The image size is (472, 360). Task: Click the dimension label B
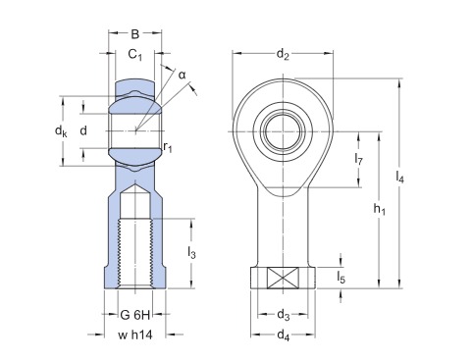click(134, 34)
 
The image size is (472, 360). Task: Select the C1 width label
click(134, 54)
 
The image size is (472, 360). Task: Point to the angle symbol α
click(182, 76)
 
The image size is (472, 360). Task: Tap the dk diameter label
click(61, 131)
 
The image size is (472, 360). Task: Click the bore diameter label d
click(83, 130)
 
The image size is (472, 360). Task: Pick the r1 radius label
click(168, 147)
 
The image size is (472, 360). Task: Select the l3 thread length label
click(191, 252)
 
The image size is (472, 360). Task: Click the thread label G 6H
click(135, 315)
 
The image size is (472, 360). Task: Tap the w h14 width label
click(135, 334)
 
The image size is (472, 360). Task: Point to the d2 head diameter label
click(283, 54)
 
